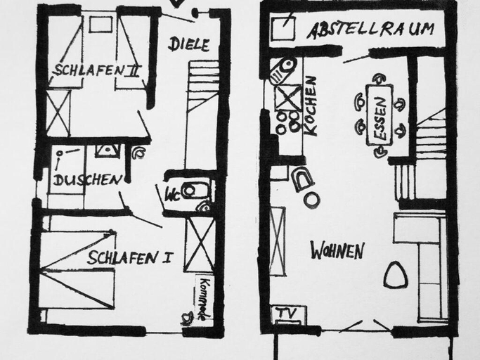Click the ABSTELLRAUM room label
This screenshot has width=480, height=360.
[x=370, y=30]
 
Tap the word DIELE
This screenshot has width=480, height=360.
[x=188, y=44]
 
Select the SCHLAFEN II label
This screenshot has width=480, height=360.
[x=96, y=70]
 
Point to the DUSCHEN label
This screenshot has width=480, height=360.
[x=88, y=180]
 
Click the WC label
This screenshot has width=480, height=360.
[x=172, y=195]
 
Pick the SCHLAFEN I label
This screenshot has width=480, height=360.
[x=129, y=257]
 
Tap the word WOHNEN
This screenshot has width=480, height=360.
[x=337, y=250]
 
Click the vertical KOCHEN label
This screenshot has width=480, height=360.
[x=311, y=105]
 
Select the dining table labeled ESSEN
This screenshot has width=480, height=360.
[x=380, y=115]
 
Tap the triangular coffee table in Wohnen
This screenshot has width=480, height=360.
[x=396, y=275]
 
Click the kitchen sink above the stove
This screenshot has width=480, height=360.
[x=283, y=70]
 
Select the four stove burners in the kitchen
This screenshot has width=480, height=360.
[x=287, y=122]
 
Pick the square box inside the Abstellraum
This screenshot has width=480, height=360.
[x=283, y=28]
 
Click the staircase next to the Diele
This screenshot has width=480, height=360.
[x=202, y=112]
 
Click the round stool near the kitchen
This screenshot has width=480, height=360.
[x=312, y=200]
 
